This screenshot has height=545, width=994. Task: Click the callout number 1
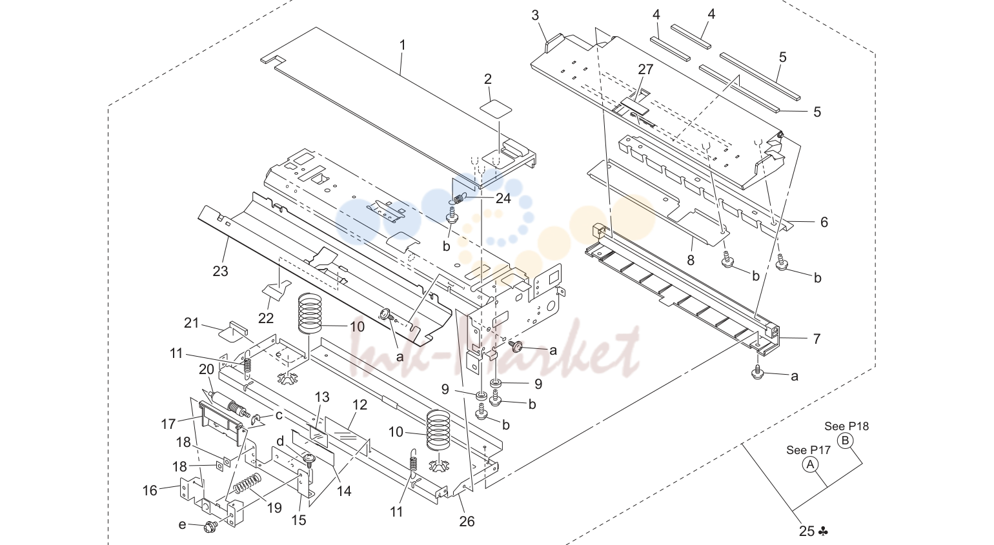(403, 45)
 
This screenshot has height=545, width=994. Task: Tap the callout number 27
(645, 70)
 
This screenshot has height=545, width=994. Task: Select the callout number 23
(221, 271)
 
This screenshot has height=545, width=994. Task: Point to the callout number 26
(467, 522)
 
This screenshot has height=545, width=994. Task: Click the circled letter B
(846, 441)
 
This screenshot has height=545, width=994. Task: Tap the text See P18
(846, 426)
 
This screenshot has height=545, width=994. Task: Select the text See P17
(808, 450)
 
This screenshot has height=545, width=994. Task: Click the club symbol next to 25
(823, 531)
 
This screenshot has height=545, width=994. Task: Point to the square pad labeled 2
(496, 108)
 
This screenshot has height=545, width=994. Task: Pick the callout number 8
(691, 260)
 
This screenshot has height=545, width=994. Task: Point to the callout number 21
(191, 323)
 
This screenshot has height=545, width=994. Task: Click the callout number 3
(535, 15)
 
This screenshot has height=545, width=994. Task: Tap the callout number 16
(150, 490)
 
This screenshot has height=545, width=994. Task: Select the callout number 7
(817, 339)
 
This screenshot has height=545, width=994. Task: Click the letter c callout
(279, 415)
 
